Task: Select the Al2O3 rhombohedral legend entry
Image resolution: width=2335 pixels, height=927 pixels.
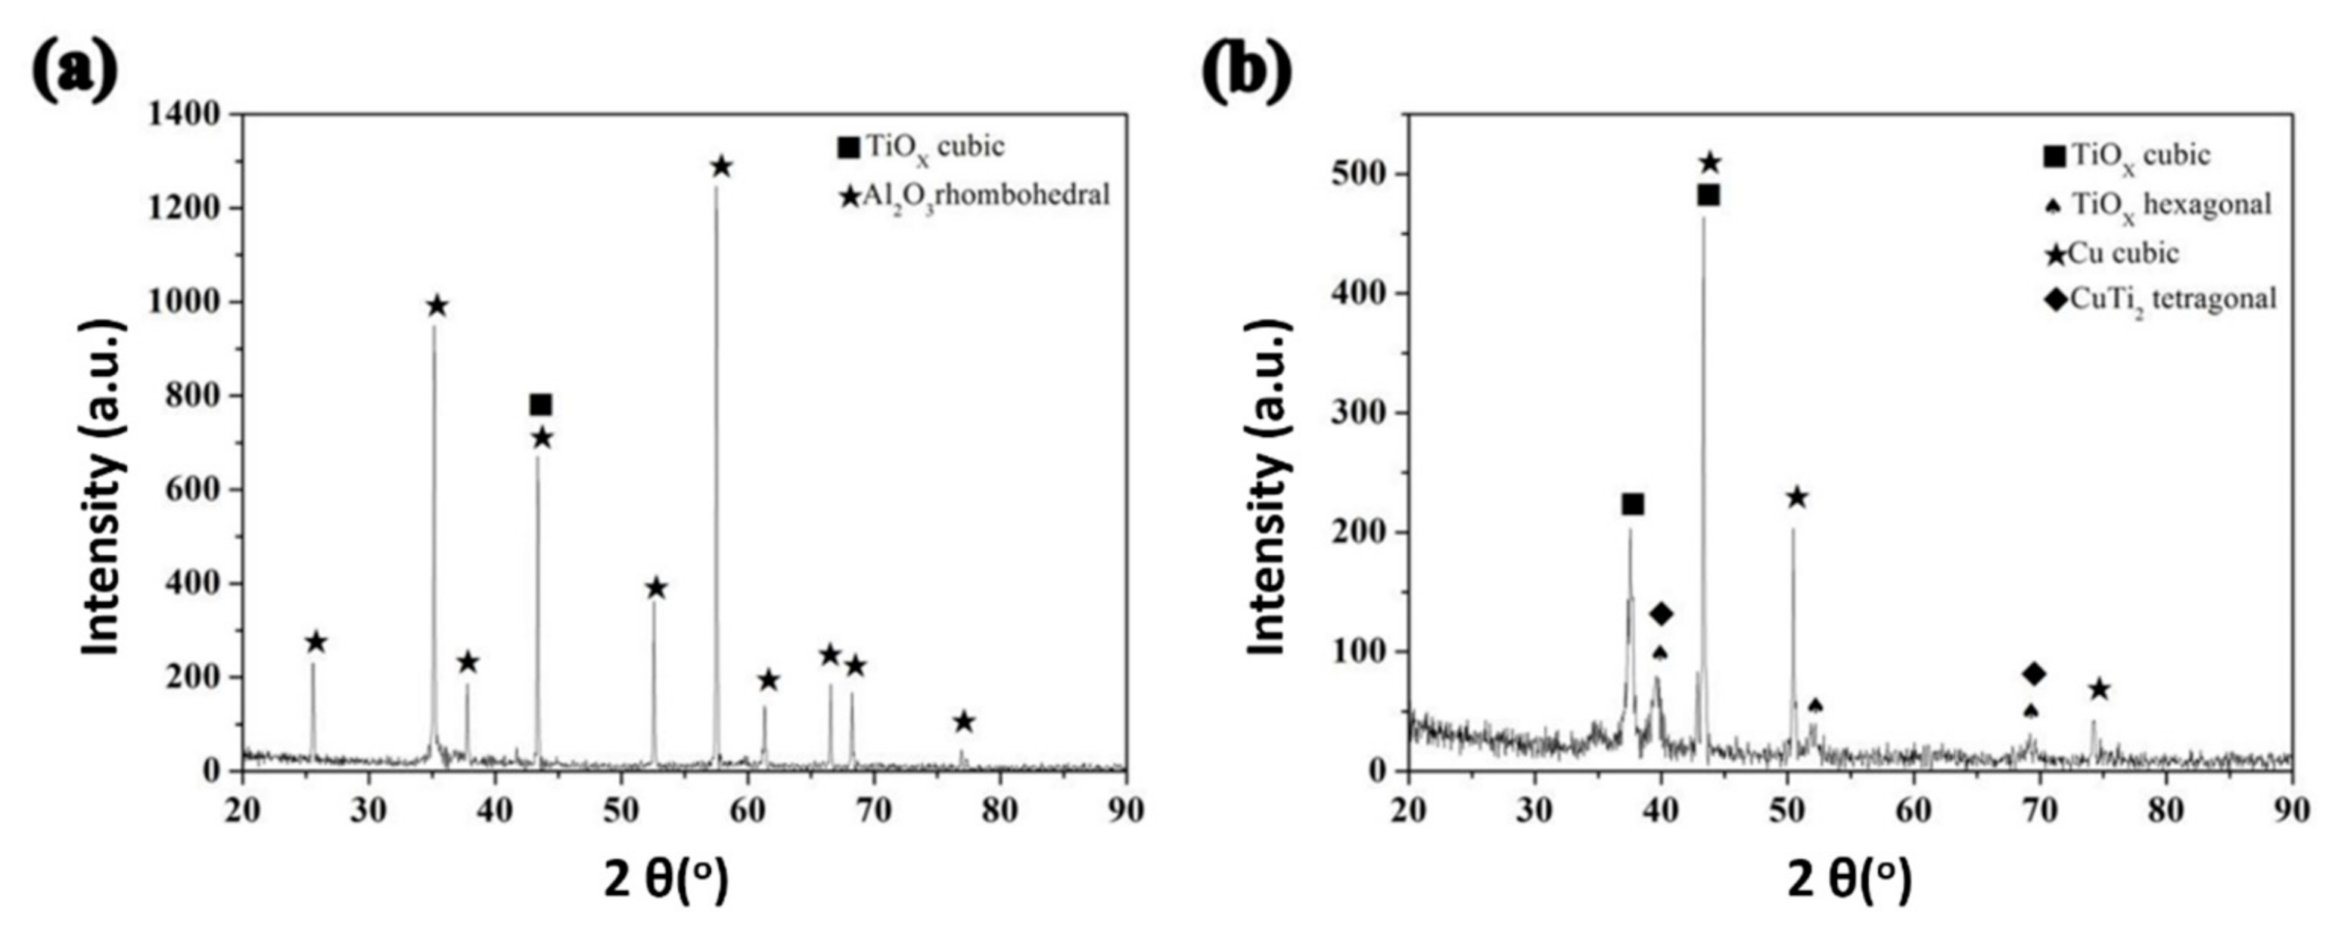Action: [975, 195]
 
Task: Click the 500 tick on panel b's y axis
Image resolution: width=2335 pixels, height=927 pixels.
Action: [1365, 174]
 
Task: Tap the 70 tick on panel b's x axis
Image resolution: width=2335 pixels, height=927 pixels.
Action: [2039, 809]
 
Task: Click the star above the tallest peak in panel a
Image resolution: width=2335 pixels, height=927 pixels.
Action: [722, 167]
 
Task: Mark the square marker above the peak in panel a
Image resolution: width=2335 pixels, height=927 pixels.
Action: [541, 405]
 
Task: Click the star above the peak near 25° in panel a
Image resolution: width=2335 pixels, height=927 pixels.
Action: [316, 643]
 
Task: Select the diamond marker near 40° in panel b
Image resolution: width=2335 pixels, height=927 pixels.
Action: [1661, 613]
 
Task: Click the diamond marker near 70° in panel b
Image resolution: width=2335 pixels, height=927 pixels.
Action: [2034, 673]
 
